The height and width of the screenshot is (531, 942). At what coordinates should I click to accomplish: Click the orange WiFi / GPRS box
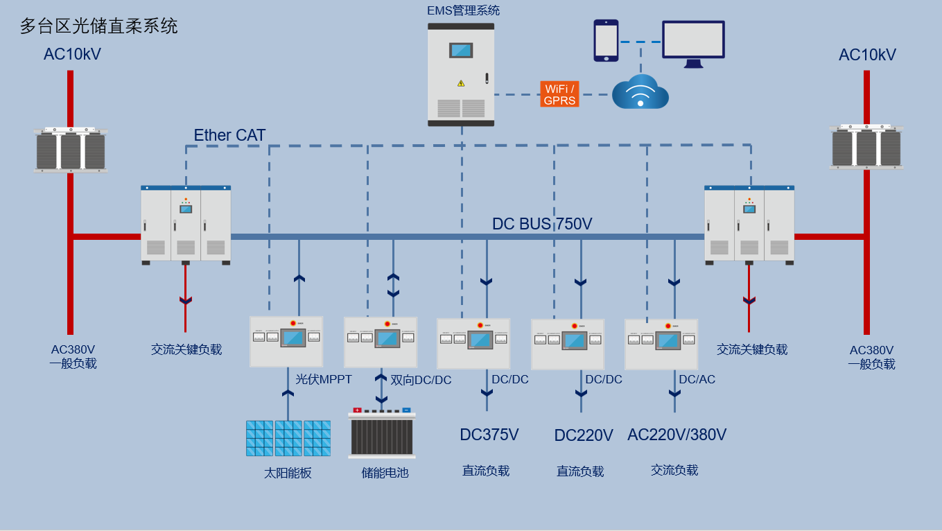point(559,94)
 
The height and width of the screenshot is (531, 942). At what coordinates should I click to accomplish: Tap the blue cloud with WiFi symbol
point(640,92)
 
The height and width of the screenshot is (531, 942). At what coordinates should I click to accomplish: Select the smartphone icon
point(606,40)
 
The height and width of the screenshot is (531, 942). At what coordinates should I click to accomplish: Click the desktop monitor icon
point(693,44)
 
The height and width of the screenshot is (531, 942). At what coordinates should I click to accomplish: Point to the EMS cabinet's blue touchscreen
point(461,51)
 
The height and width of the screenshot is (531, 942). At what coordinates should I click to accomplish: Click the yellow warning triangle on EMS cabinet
point(461,83)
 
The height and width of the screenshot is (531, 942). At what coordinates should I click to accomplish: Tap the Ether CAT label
point(229,135)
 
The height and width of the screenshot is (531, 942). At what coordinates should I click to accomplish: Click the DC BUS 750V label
point(542,224)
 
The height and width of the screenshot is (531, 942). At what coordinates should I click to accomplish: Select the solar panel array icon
point(288,438)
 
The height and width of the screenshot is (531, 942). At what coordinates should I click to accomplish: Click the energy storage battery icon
point(382,433)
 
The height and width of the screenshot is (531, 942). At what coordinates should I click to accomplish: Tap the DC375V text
point(489,435)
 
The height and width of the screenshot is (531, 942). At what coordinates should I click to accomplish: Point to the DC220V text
point(584,435)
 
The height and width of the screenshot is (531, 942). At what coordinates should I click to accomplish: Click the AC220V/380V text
point(677,435)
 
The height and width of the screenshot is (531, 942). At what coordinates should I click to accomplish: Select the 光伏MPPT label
point(324,379)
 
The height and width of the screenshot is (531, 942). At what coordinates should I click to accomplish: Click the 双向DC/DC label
point(421,380)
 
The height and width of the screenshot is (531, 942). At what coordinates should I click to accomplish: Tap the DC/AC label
point(697,379)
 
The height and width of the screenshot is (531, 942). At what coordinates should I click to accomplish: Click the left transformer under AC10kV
point(71,150)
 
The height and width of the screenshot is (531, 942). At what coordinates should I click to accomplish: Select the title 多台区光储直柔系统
point(99,26)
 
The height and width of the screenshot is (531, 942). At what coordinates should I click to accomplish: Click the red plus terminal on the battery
point(357,410)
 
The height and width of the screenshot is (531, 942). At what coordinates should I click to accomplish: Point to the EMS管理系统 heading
point(463,10)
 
